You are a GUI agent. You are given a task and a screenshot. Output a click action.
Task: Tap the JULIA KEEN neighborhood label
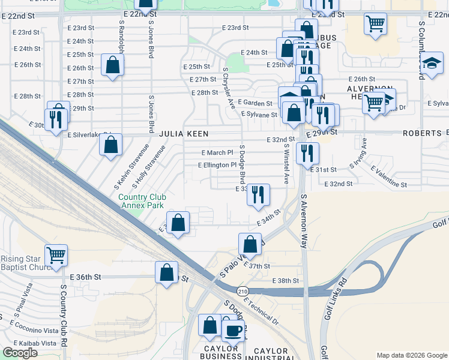pos(178,135)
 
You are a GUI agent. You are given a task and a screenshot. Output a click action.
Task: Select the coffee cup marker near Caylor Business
pos(233,329)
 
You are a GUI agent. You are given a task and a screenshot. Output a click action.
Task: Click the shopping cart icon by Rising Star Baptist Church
pos(56,254)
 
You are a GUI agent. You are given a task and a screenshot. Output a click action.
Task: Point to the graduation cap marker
pos(431,63)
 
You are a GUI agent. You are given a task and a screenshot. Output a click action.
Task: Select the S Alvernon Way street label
pos(304,221)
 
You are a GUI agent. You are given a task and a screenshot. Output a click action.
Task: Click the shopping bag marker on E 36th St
pos(167,272)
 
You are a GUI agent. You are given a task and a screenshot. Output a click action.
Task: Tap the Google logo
pos(20,353)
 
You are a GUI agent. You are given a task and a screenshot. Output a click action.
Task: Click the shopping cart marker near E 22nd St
pos(375,24)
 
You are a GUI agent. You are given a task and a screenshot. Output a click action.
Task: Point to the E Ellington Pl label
pos(217,165)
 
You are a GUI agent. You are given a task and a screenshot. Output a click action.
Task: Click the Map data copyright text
pos(411,355)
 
